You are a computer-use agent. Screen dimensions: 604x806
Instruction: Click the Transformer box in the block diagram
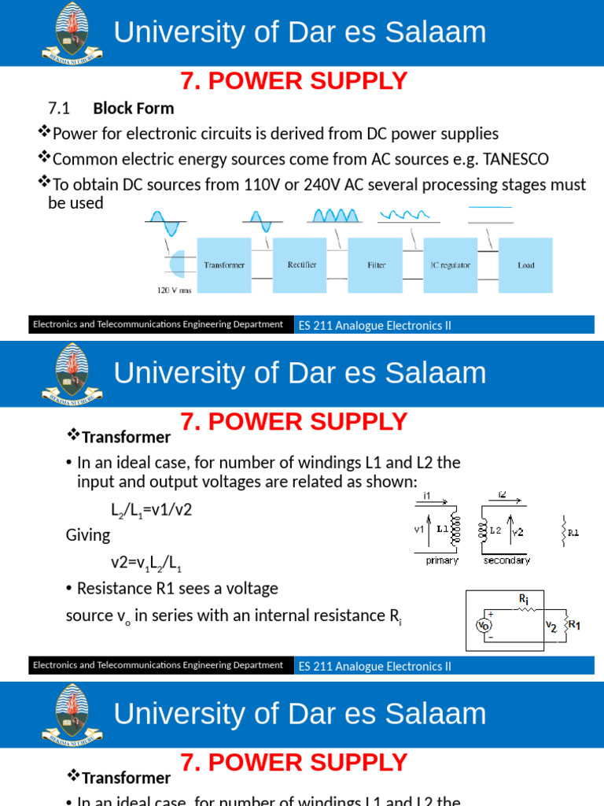click(224, 265)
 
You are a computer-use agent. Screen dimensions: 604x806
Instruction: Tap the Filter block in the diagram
click(376, 265)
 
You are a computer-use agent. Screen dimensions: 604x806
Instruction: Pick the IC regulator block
click(450, 265)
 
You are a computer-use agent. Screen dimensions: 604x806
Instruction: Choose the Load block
click(525, 265)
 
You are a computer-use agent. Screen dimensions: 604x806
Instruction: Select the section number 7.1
click(60, 108)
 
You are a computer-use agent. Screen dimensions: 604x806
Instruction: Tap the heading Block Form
click(134, 108)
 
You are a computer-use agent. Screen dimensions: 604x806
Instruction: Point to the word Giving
click(88, 535)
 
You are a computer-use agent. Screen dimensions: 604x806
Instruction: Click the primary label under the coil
click(441, 560)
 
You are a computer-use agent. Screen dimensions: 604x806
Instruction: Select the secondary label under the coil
click(506, 560)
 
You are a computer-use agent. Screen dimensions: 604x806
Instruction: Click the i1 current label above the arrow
click(427, 495)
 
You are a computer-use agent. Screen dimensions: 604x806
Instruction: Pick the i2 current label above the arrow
click(503, 495)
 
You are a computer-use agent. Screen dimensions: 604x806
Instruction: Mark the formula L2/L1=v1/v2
click(151, 510)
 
